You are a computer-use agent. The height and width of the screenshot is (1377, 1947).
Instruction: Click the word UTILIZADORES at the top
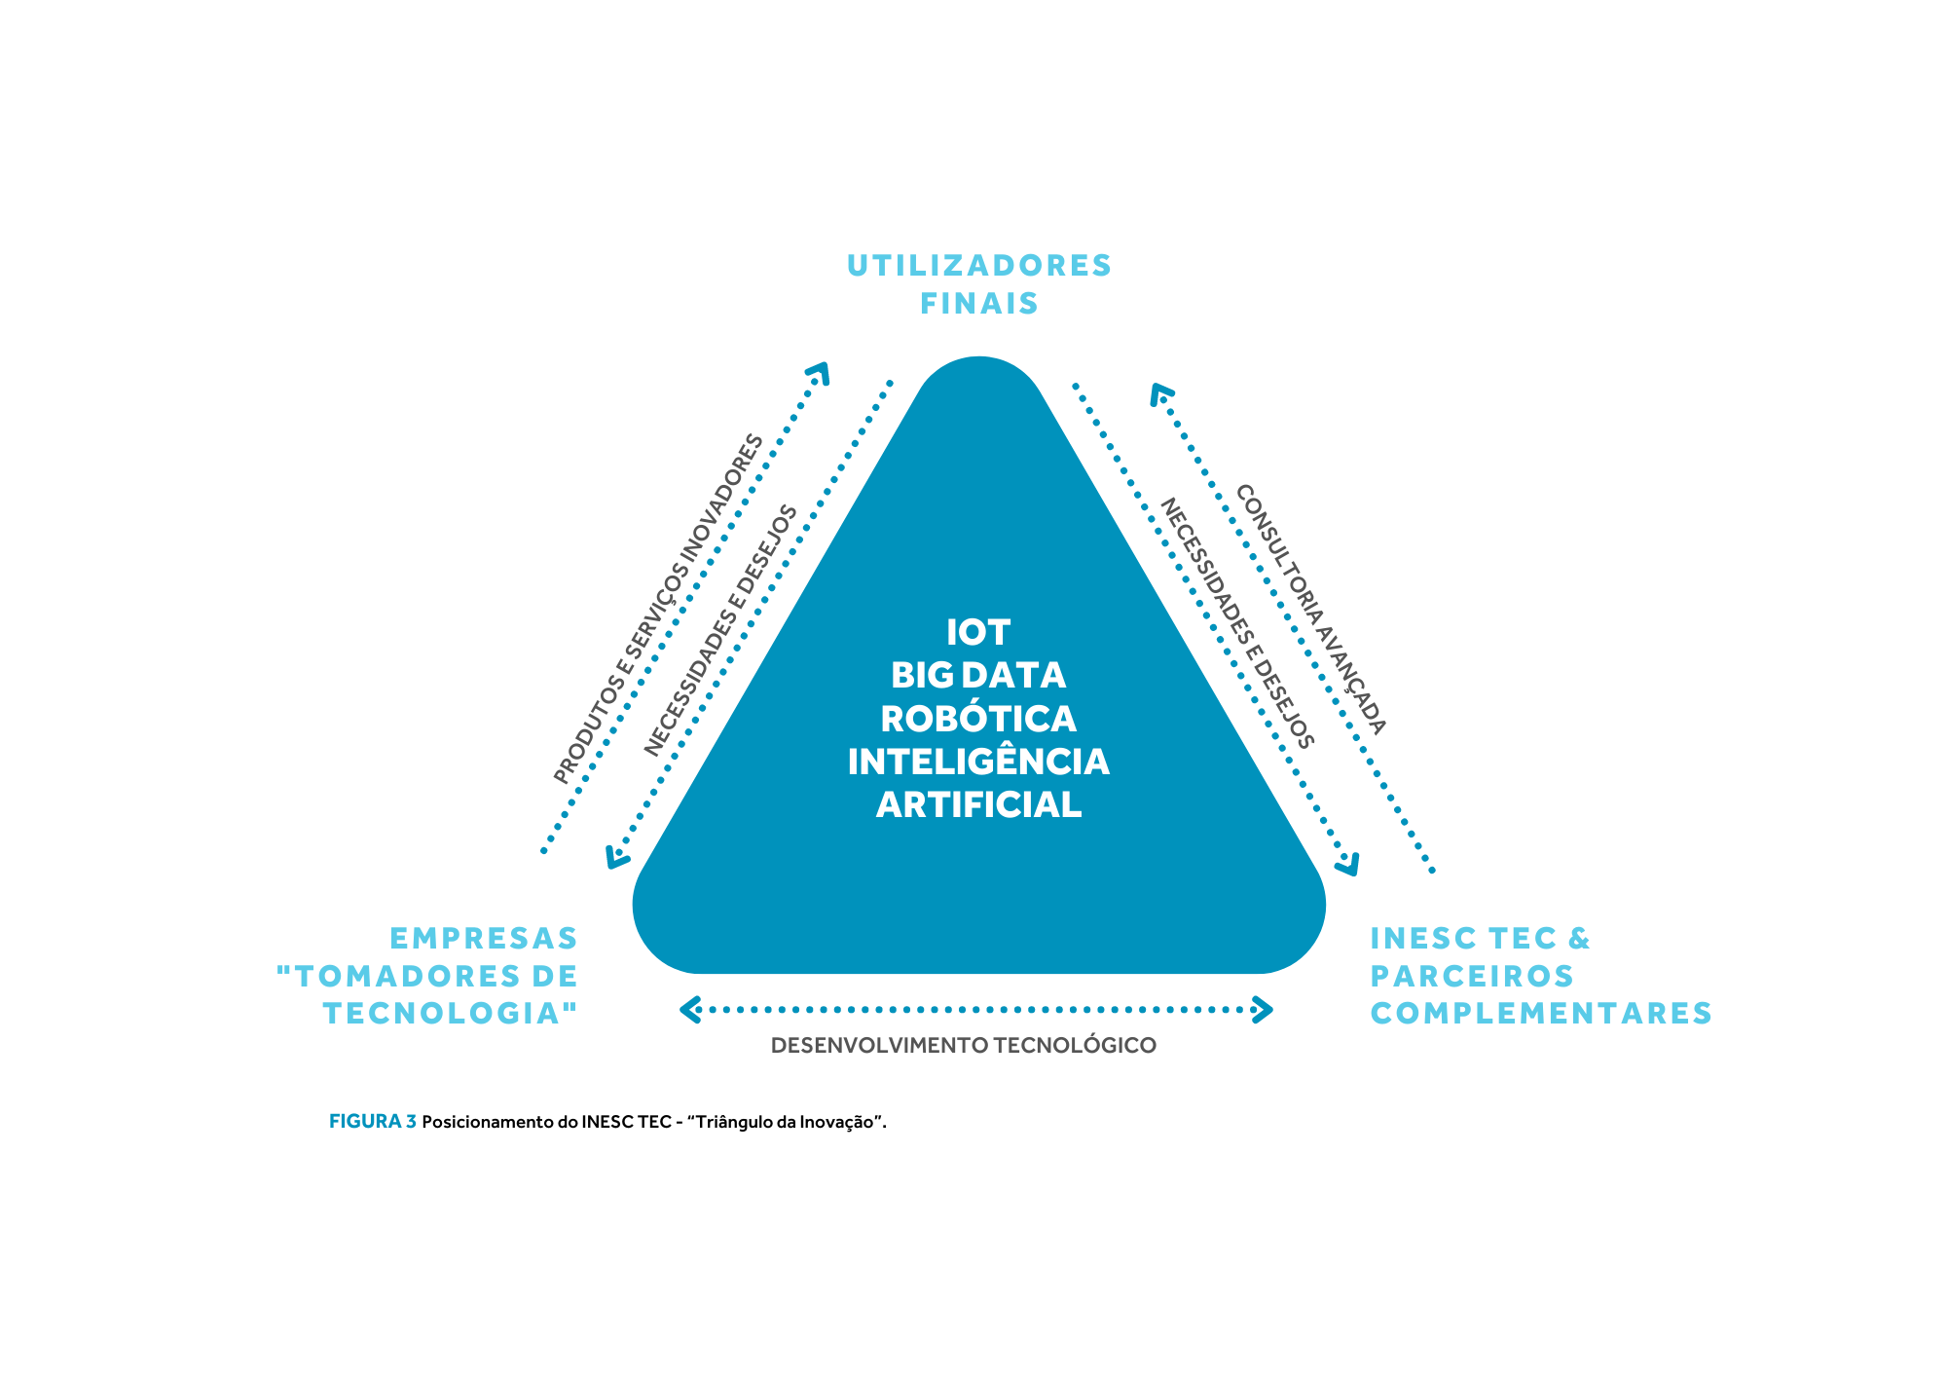(x=979, y=265)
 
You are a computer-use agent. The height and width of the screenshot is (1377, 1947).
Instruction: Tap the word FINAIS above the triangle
(x=979, y=304)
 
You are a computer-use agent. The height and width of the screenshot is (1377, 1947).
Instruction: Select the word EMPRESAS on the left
(x=484, y=938)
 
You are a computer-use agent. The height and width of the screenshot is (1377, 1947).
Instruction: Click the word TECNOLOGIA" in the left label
(x=451, y=1014)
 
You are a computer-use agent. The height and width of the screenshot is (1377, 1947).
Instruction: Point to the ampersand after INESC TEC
(x=1578, y=938)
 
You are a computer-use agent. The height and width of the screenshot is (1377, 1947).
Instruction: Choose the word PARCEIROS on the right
(x=1472, y=976)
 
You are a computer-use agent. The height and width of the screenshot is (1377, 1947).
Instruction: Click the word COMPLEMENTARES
(x=1541, y=1014)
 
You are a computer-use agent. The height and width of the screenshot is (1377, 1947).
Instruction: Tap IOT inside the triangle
(x=978, y=633)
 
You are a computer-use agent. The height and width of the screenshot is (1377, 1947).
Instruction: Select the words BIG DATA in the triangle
(x=978, y=676)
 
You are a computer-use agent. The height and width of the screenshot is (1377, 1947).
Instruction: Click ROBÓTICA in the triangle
(x=978, y=719)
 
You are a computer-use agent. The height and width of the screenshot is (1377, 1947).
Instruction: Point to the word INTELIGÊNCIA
(x=978, y=761)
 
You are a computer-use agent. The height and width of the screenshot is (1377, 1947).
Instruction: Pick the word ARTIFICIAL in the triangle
(x=978, y=805)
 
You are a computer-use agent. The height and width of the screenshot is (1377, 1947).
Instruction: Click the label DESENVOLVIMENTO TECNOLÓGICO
(x=964, y=1046)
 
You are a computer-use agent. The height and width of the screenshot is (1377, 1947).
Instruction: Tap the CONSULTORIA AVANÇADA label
(x=1310, y=610)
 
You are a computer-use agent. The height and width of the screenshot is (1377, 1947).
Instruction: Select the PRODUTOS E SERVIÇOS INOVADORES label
(x=659, y=610)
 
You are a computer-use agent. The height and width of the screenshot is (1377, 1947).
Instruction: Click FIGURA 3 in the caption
(x=373, y=1121)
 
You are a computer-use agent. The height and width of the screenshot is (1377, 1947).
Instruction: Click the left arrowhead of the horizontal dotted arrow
(x=690, y=1010)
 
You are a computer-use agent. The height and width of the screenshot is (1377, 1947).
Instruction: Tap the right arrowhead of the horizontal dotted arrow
(x=1263, y=1010)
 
